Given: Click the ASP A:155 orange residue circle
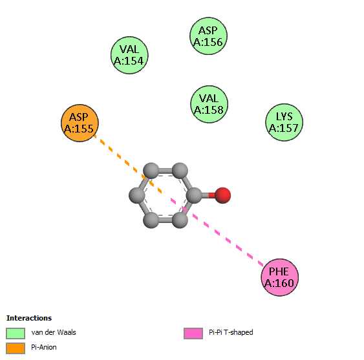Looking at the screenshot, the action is coord(80,123).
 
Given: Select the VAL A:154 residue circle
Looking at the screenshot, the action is coord(129,55).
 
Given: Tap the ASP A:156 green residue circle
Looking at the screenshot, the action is coord(208,36).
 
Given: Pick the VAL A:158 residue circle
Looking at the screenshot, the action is coord(209,104).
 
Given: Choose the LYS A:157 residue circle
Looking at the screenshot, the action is coord(284,122).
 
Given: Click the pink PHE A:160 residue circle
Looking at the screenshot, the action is coord(280,277).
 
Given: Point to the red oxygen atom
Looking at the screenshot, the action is coord(222,195).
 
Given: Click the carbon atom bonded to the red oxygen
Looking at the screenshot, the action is coord(194,195).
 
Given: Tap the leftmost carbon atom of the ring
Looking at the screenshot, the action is coord(137,195).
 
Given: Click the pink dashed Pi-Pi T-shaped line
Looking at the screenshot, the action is coord(217,232).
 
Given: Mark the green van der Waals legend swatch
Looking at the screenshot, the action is coord(16,334).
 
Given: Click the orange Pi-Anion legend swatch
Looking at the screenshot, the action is coord(16,348).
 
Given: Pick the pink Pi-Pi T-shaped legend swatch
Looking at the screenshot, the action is coord(193,334).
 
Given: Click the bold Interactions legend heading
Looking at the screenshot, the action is coord(29,318).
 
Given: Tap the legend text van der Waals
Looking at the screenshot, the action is coord(54,332).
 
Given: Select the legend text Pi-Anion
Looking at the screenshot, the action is coord(44,347).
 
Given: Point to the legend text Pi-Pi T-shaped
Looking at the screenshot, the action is coord(231,332).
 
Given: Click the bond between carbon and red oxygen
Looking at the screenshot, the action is coord(208,195).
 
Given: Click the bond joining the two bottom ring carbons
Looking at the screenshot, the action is coord(166,220).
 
